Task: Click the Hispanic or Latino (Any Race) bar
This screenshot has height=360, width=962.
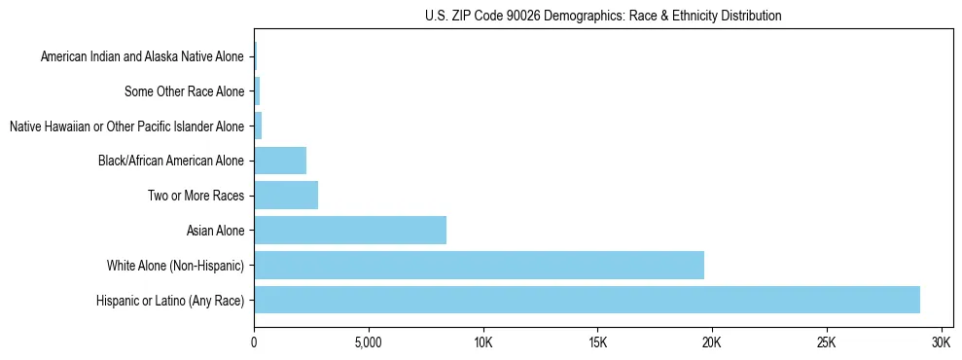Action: [x=587, y=300]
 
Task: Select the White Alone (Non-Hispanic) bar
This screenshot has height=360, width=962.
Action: [x=479, y=265]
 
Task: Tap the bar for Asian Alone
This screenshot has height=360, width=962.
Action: [x=350, y=230]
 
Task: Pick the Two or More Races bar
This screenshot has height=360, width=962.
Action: [x=286, y=195]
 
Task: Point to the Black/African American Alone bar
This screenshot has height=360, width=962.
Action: [x=280, y=161]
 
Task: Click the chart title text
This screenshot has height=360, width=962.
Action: [x=603, y=16]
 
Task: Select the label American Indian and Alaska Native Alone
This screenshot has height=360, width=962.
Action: [x=143, y=57]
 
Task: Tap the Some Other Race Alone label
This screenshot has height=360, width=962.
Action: [x=185, y=92]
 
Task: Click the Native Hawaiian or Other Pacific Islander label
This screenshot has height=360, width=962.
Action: [x=126, y=126]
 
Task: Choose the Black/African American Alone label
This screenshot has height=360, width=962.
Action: [x=171, y=161]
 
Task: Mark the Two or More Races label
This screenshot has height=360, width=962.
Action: [x=196, y=196]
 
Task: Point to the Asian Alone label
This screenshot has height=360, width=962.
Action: [x=216, y=231]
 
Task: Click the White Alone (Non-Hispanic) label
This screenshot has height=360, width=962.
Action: [x=176, y=265]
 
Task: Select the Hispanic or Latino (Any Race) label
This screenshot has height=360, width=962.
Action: [x=171, y=300]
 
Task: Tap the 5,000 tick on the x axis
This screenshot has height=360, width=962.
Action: [x=369, y=343]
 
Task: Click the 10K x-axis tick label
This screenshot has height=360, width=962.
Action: [x=483, y=343]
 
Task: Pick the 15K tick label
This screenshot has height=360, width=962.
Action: [x=597, y=343]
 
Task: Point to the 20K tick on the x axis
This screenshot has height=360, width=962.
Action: [x=712, y=343]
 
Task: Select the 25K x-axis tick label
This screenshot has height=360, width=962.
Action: [x=827, y=343]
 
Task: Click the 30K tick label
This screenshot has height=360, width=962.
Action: [x=941, y=343]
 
